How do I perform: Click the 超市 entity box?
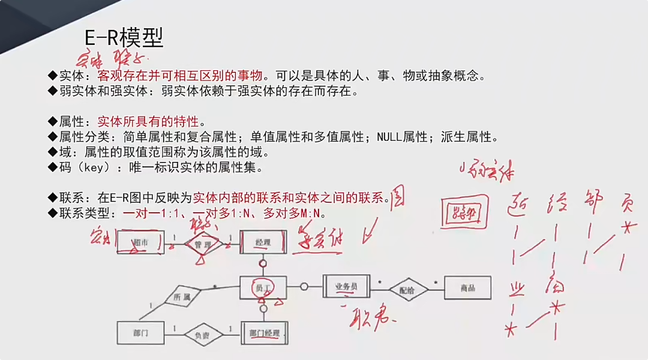coord(140,242)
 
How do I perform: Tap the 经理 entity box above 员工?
coord(263,242)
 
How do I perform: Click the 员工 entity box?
coord(263,288)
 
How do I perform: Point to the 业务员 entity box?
coord(347,287)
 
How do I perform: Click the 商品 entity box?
coord(467,288)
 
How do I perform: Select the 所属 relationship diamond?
coord(182,296)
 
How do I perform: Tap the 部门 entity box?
coord(140,332)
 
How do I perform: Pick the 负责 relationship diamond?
coord(202,335)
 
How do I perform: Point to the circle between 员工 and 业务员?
coord(304,287)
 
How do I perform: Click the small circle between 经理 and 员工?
coord(263,263)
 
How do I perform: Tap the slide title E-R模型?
coord(124,38)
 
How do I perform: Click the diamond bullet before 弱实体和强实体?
coord(53,91)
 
